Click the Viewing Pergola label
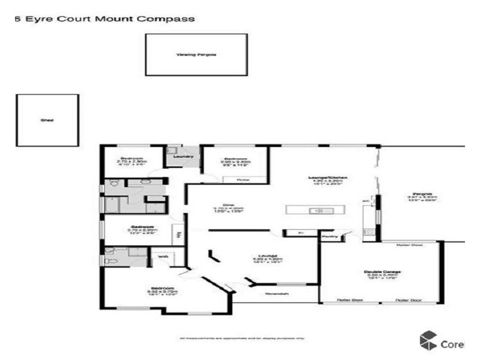point(196,55)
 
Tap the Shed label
point(47,121)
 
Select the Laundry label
point(183,157)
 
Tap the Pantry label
point(329,237)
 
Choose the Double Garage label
point(382,272)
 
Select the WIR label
point(162,257)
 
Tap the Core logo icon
point(428,340)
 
